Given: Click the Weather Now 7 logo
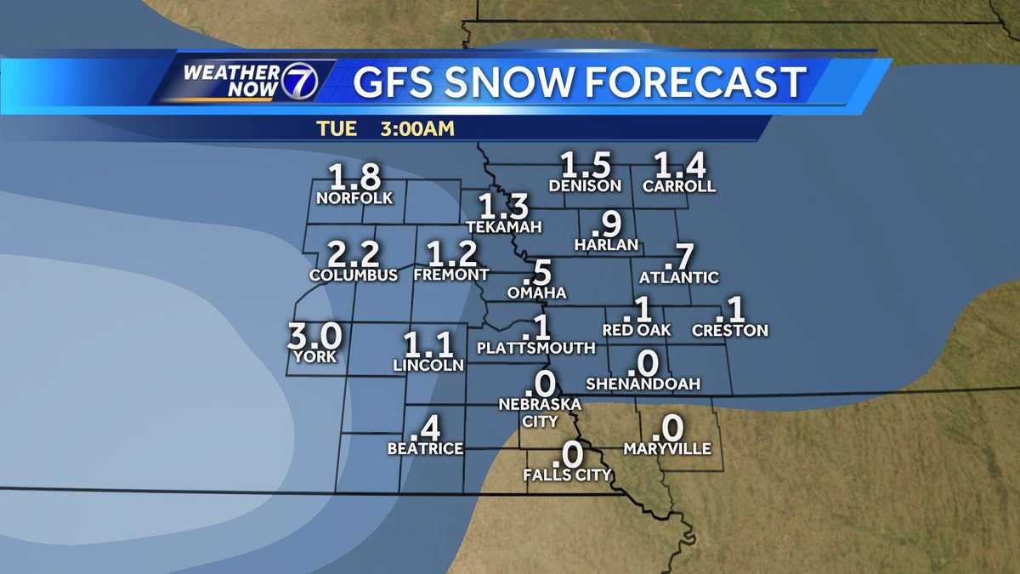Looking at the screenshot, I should click(247, 81).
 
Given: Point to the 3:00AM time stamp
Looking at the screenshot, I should click(416, 129).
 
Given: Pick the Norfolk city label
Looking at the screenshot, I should click(354, 198).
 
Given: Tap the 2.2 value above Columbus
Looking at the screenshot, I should click(354, 254).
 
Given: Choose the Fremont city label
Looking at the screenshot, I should click(450, 275).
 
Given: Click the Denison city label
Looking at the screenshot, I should click(586, 185).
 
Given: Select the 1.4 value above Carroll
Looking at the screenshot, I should click(679, 166).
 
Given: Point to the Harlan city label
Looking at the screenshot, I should click(606, 244).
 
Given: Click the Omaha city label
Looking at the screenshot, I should click(536, 293).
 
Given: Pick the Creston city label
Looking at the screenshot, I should click(730, 330).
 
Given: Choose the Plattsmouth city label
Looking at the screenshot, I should click(536, 348).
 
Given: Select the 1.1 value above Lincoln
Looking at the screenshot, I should click(428, 344).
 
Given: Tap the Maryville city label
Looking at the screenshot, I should click(667, 448).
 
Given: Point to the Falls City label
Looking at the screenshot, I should click(567, 475).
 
